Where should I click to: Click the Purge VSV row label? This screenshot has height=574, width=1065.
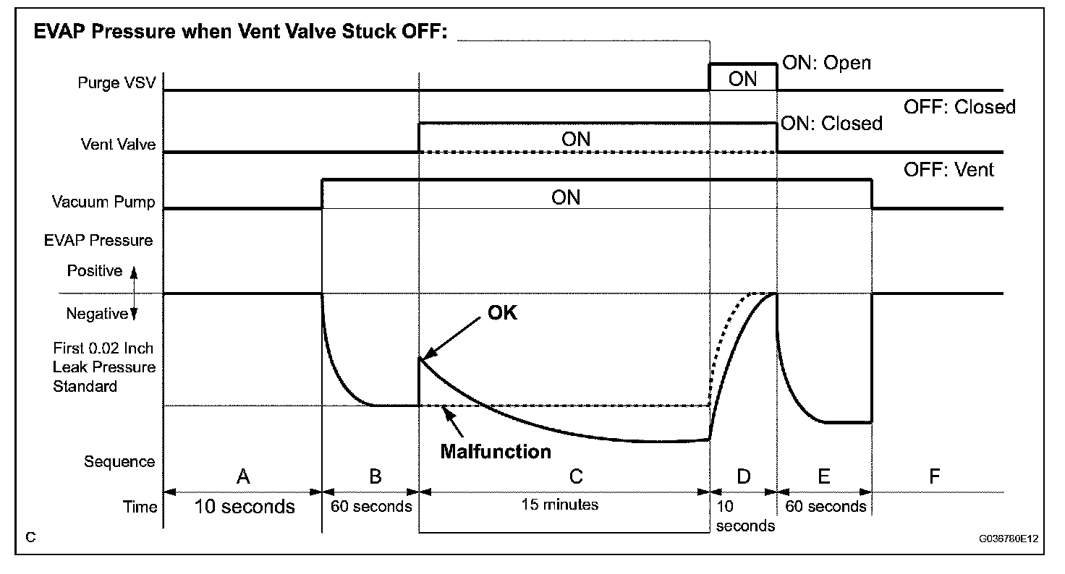[x=116, y=83]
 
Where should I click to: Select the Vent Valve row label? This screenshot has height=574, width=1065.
[x=119, y=144]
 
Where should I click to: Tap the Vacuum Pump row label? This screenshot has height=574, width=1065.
[x=103, y=202]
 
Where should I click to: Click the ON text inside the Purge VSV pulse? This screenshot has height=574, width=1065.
[x=742, y=79]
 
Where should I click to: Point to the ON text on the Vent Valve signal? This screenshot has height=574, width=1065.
[x=576, y=140]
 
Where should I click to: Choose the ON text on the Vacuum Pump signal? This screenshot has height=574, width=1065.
[x=566, y=197]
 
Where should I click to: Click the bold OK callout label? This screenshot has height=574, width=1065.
[x=502, y=312]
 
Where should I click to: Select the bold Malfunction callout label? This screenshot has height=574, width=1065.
[x=496, y=451]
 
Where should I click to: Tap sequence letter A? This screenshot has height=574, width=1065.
[x=243, y=476]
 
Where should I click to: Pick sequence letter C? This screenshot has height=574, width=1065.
[x=576, y=476]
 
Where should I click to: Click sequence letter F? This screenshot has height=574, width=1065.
[x=934, y=476]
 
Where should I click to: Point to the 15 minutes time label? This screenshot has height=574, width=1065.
[x=559, y=504]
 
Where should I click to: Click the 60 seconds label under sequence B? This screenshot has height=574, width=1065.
[x=371, y=506]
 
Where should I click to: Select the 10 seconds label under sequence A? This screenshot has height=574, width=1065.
[x=245, y=507]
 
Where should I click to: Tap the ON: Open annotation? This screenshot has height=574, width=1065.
[x=827, y=63]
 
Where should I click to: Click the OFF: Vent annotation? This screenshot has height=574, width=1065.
[x=949, y=170]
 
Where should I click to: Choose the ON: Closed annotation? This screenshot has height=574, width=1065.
[x=831, y=124]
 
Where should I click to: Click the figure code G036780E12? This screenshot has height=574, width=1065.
[x=1009, y=539]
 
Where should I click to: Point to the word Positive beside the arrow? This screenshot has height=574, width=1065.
[x=95, y=271]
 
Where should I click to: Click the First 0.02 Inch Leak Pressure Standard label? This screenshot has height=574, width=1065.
[x=104, y=367]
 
